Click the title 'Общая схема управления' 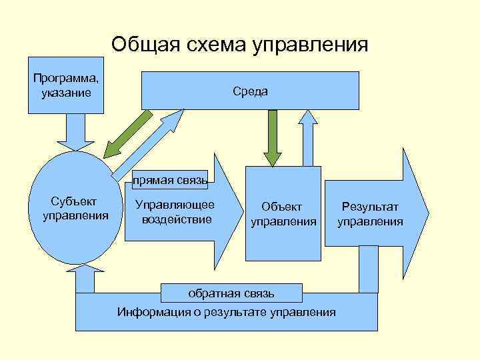(x=239, y=45)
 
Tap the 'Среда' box (x=250, y=91)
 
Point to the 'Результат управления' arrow (x=373, y=213)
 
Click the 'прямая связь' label (x=169, y=179)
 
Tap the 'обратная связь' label (x=231, y=292)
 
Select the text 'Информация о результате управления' (x=227, y=312)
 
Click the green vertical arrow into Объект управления (x=272, y=137)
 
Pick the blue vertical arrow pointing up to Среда (x=309, y=137)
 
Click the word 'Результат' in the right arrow (x=370, y=207)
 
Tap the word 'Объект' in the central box (x=281, y=207)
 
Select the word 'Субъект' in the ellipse (x=74, y=201)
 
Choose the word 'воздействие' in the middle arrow (x=177, y=219)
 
